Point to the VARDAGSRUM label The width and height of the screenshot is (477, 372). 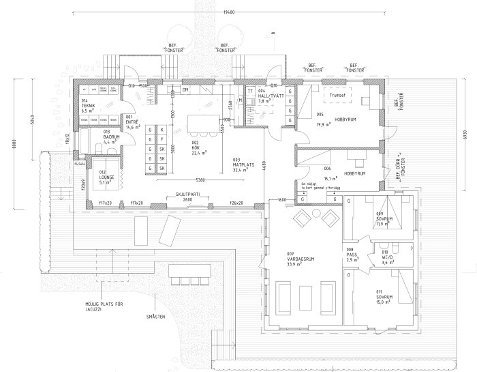pos(301,260)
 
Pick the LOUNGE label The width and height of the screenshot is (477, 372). pos(108,177)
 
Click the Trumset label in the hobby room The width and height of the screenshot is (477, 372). pos(338,96)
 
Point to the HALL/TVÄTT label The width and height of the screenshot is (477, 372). pos(273,95)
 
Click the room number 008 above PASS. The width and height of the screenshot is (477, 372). pos(350,250)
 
